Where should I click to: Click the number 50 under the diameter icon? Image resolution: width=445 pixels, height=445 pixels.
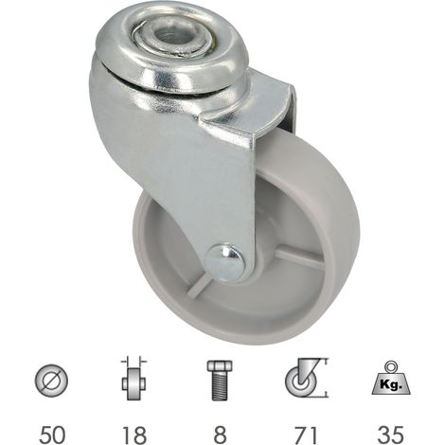[52, 434]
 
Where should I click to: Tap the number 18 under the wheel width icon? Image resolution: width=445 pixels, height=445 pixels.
[134, 434]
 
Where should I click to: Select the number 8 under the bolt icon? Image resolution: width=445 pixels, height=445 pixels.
[220, 434]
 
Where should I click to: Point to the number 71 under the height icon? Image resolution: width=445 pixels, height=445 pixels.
[305, 434]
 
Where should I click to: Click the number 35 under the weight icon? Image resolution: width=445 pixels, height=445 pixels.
[390, 434]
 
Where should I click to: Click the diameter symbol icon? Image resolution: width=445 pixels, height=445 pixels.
[51, 381]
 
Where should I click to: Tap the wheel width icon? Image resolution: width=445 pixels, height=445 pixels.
[134, 379]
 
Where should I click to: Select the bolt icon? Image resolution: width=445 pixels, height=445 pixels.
[220, 381]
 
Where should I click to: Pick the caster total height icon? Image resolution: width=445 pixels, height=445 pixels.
[307, 378]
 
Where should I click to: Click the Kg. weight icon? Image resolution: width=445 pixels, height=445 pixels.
[391, 378]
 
